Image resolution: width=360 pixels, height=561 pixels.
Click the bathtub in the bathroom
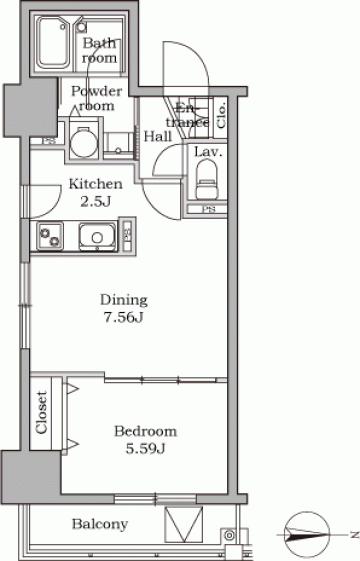[54, 44]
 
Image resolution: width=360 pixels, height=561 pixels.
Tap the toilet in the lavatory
[206, 179]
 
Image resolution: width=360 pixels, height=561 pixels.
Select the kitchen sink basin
[97, 236]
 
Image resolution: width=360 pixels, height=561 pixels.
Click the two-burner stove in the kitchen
[50, 235]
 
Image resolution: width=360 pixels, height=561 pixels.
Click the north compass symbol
[308, 535]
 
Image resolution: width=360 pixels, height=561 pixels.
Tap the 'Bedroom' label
[145, 431]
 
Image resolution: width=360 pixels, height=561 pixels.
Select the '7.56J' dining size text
[123, 317]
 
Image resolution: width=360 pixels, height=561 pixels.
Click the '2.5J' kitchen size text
[95, 202]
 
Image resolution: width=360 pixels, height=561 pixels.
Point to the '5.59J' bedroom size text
[145, 448]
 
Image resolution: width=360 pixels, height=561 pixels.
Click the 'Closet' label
[41, 412]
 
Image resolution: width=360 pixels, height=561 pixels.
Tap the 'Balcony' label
[100, 525]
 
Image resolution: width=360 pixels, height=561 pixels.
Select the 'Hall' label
[158, 136]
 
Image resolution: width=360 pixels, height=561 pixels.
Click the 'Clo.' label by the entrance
[221, 115]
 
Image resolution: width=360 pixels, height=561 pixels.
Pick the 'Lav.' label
[208, 152]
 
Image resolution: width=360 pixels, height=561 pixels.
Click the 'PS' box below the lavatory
[207, 210]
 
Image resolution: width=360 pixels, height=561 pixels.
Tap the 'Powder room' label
[96, 98]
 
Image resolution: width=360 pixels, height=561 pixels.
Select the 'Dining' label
[123, 300]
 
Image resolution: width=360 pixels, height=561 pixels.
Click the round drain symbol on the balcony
[229, 536]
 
